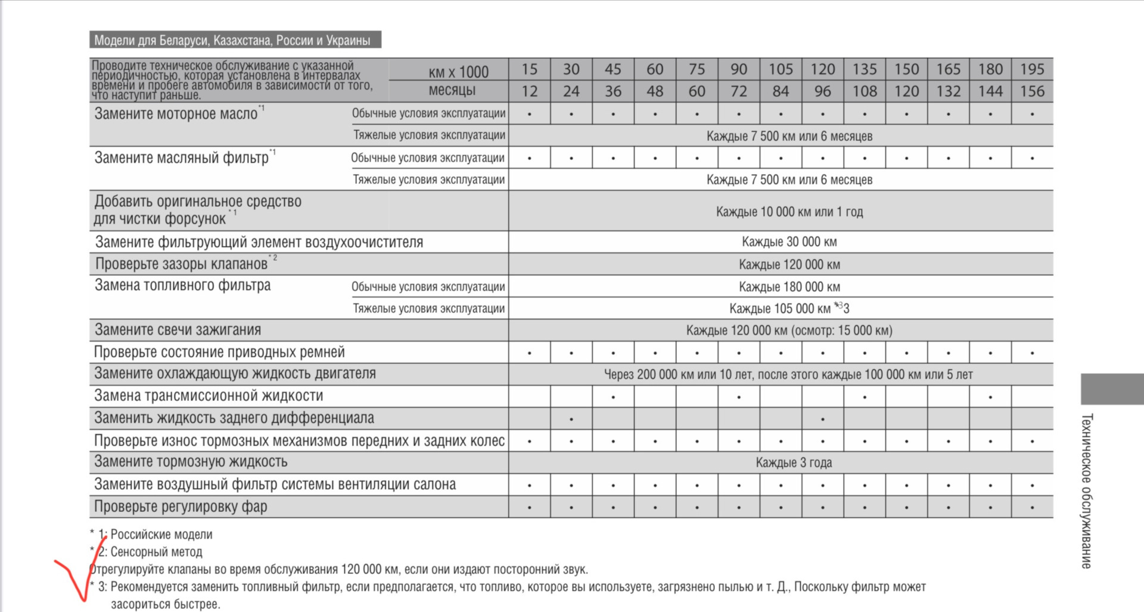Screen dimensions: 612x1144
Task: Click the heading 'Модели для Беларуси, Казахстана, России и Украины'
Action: tap(232, 41)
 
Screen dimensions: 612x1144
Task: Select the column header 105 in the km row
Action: tap(781, 69)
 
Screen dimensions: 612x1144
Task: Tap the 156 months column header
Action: tap(1032, 91)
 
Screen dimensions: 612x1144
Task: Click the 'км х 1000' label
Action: tap(458, 72)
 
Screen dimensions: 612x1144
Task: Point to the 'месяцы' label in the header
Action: tap(452, 91)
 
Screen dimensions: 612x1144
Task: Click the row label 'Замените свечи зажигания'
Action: tap(178, 330)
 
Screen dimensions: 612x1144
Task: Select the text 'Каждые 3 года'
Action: tap(794, 462)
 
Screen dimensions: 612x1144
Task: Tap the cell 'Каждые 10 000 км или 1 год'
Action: tap(789, 212)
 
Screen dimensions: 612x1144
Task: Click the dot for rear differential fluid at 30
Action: tap(571, 419)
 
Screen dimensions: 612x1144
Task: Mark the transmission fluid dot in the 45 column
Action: tap(613, 397)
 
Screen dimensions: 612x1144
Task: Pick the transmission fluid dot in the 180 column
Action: tap(990, 397)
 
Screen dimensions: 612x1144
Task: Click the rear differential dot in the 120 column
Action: tap(822, 419)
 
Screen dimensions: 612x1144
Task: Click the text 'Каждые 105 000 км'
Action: tap(779, 308)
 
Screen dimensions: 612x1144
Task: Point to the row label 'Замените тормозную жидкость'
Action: tap(191, 462)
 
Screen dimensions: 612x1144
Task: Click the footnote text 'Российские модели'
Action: tap(161, 534)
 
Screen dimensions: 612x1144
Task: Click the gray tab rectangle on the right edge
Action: tap(1112, 389)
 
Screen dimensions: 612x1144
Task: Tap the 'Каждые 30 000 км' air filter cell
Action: tap(789, 242)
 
